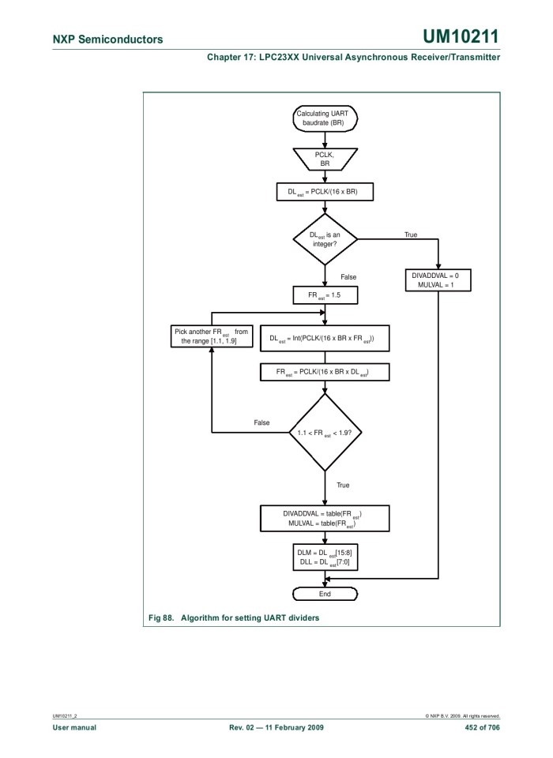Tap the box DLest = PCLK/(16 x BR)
point(325,191)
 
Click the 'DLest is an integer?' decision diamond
point(325,238)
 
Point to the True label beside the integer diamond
point(411,235)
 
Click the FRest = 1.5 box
point(325,295)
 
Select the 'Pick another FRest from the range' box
point(210,336)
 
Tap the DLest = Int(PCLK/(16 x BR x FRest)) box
point(325,338)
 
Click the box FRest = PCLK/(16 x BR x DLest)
point(325,371)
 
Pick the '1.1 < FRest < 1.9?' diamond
point(325,433)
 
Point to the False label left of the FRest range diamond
point(261,422)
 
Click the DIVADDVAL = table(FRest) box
point(325,518)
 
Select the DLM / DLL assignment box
point(325,557)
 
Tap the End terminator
point(325,594)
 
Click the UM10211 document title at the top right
point(461,37)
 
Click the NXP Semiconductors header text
point(108,39)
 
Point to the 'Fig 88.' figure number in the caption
point(161,618)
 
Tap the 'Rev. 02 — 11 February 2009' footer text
point(276,727)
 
